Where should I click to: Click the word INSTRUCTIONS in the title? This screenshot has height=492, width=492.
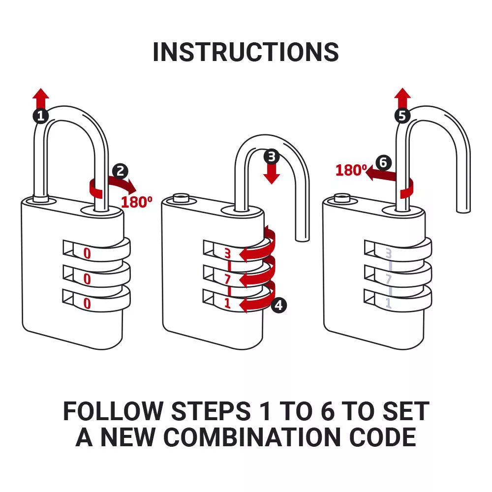coord(246,52)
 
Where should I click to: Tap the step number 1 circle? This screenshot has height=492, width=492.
coord(41,116)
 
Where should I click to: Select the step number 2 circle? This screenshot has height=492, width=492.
coord(120,171)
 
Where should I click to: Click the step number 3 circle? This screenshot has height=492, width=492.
coord(271,157)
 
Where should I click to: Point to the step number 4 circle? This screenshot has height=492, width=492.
coord(278,306)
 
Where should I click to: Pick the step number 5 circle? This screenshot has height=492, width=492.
coord(402,116)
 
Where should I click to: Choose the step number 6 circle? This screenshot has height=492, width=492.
coord(383,162)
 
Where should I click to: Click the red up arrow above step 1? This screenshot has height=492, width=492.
coord(41,97)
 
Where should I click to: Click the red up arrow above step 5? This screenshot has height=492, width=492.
coord(402,97)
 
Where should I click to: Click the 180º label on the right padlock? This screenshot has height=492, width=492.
coord(351,170)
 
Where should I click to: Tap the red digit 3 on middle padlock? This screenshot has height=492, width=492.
coord(227,254)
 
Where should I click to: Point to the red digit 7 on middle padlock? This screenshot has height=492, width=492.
coord(227,279)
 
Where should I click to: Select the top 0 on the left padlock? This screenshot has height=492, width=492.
coord(87,254)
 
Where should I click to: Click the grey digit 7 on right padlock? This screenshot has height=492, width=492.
coord(389,279)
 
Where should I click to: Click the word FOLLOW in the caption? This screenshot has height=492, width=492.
coord(113,411)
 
